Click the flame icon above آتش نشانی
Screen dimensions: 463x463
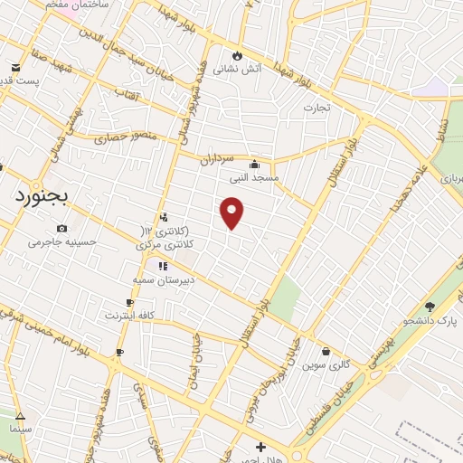pos(238,53)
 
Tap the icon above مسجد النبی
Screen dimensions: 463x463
pos(255,165)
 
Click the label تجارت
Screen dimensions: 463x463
pos(317,107)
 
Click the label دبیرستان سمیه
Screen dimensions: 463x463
pos(176,279)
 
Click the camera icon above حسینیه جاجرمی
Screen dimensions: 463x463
pos(61,229)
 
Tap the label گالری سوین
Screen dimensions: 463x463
pos(326,364)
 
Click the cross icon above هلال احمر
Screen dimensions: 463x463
pos(260,446)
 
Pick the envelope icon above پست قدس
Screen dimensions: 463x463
pos(15,68)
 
